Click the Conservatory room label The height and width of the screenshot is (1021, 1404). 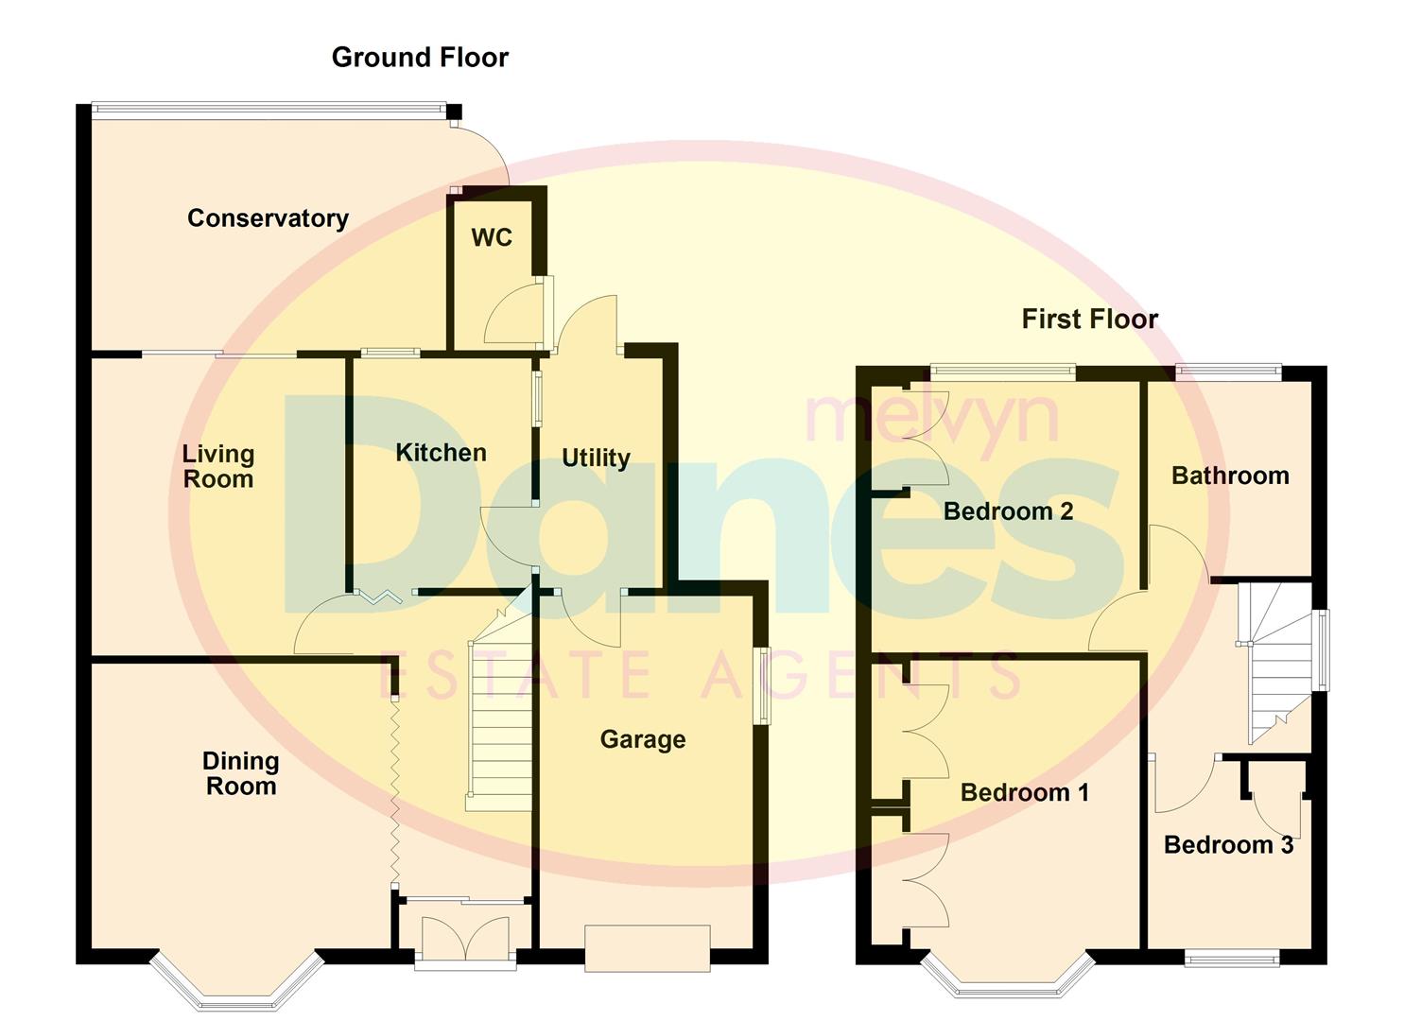[x=268, y=218]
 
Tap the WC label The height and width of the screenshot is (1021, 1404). [x=492, y=237]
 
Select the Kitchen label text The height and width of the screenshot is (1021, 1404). [x=441, y=453]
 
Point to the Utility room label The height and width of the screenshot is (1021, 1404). [x=596, y=459]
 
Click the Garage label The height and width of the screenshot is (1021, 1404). [x=643, y=739]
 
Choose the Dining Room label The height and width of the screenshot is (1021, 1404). [x=241, y=773]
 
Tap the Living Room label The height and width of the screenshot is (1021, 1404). [x=218, y=466]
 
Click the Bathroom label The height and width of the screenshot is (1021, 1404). [x=1230, y=476]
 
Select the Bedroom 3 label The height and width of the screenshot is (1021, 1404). [x=1228, y=845]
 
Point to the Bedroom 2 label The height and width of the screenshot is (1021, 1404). [x=1008, y=511]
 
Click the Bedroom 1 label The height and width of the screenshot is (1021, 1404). [x=1025, y=792]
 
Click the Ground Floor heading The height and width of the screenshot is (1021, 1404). [x=420, y=58]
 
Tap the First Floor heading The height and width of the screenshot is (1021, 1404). [x=1089, y=320]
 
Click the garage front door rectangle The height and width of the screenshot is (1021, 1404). [x=648, y=947]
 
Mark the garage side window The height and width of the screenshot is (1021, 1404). [x=761, y=685]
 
